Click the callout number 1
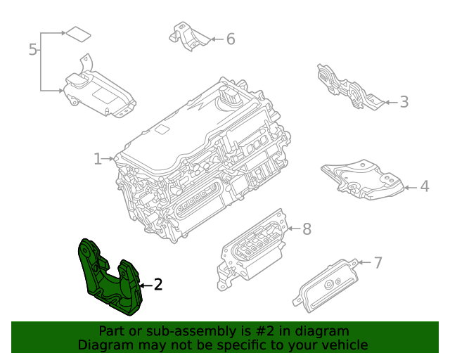[x=98, y=159]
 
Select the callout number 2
[x=158, y=285]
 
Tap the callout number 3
[x=404, y=102]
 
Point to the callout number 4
[x=424, y=187]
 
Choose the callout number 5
[x=32, y=49]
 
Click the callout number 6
[x=230, y=39]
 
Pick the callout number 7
[x=378, y=263]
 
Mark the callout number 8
[x=306, y=229]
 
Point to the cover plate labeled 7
[x=327, y=285]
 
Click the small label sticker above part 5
[x=77, y=33]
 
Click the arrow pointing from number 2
[x=144, y=285]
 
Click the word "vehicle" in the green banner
[x=343, y=345]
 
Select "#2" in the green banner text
[x=257, y=331]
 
